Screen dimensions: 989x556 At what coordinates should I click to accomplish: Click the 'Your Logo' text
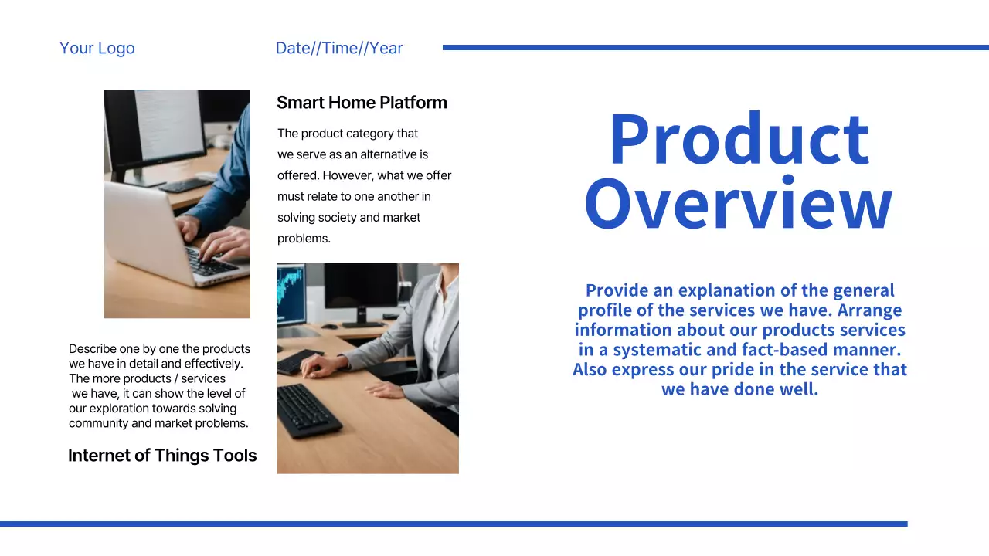97,48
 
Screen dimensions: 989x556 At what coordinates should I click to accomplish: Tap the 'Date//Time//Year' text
339,48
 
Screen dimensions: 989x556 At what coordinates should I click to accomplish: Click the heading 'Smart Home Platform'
362,103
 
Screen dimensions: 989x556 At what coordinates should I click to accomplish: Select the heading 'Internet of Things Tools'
162,456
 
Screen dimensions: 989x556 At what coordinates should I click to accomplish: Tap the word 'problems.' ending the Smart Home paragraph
304,239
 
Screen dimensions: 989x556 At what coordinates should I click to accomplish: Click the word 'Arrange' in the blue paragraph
869,310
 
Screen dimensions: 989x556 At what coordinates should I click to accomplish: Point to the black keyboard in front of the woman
308,410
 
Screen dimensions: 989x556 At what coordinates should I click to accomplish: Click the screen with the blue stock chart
291,293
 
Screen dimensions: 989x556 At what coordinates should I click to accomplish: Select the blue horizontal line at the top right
715,47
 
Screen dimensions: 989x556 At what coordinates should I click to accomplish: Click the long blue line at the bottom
454,524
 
